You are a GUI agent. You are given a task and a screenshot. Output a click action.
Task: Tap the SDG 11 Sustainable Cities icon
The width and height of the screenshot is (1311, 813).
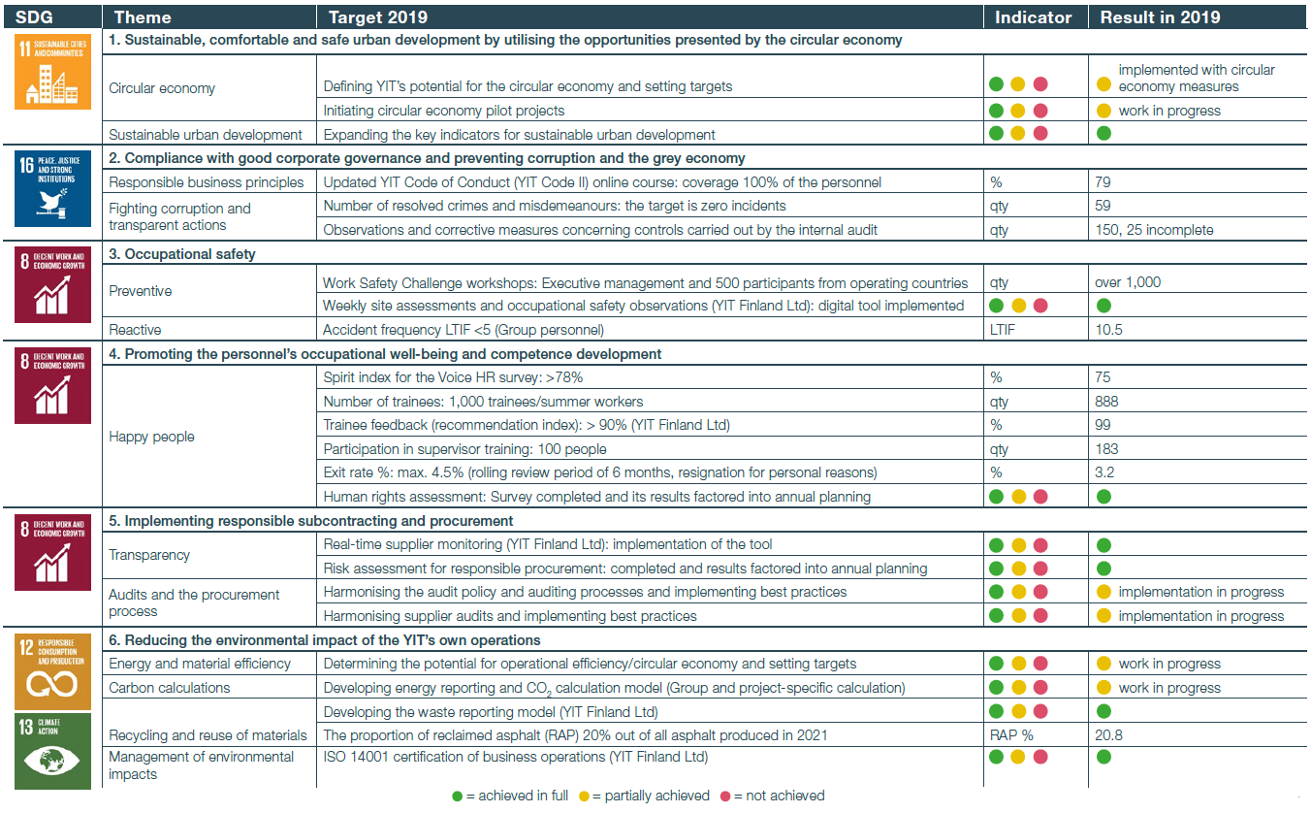(53, 71)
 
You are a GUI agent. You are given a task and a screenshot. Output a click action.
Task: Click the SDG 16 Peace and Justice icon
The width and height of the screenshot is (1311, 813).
(53, 189)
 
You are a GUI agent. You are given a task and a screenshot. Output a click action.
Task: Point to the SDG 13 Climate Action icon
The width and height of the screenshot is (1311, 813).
(53, 751)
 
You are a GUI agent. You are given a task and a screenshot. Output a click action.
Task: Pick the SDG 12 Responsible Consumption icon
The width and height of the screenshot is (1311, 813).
(53, 671)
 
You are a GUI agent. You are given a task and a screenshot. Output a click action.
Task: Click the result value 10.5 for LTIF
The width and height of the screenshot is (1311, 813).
(1108, 330)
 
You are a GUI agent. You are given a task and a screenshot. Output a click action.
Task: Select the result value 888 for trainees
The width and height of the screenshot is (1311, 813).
(1105, 402)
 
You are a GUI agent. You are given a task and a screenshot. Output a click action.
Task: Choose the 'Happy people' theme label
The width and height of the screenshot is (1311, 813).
(151, 437)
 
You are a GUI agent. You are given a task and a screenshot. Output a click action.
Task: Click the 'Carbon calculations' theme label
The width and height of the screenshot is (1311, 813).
(170, 688)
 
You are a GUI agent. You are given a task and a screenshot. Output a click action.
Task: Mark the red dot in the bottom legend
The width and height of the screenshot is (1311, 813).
(724, 797)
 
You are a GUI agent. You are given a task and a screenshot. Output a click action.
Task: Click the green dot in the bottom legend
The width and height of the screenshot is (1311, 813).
(457, 797)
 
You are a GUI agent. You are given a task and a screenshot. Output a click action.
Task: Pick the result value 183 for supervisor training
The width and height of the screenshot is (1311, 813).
(1105, 449)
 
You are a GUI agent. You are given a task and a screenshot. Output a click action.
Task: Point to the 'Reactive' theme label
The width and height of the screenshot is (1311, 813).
(136, 330)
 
